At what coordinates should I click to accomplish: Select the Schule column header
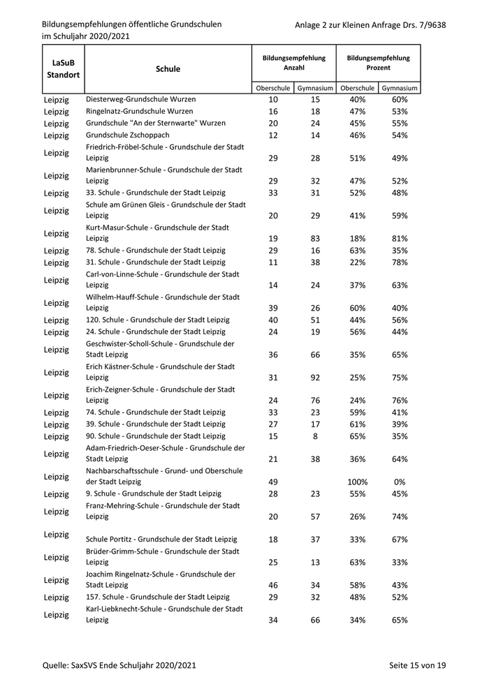(168, 69)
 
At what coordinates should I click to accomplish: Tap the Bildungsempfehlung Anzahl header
(293, 63)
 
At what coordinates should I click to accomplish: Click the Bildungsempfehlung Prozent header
(378, 63)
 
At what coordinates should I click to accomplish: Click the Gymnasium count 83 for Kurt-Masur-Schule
(315, 239)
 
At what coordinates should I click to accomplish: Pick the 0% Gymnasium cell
(400, 482)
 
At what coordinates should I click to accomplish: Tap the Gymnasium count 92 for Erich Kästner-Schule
(315, 378)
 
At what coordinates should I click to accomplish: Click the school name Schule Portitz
(161, 539)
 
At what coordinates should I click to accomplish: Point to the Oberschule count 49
(273, 482)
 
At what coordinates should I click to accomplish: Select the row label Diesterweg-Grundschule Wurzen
(140, 100)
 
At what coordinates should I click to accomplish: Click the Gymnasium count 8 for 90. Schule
(315, 436)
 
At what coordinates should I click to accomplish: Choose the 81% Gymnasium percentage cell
(400, 239)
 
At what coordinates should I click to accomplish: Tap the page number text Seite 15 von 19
(417, 666)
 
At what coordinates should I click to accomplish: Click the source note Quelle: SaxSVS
(118, 666)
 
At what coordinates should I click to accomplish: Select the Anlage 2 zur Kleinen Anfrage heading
(370, 25)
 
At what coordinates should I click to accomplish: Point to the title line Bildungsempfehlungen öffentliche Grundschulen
(132, 24)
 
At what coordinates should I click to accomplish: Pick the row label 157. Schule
(157, 597)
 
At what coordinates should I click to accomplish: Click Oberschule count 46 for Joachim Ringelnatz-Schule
(273, 585)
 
